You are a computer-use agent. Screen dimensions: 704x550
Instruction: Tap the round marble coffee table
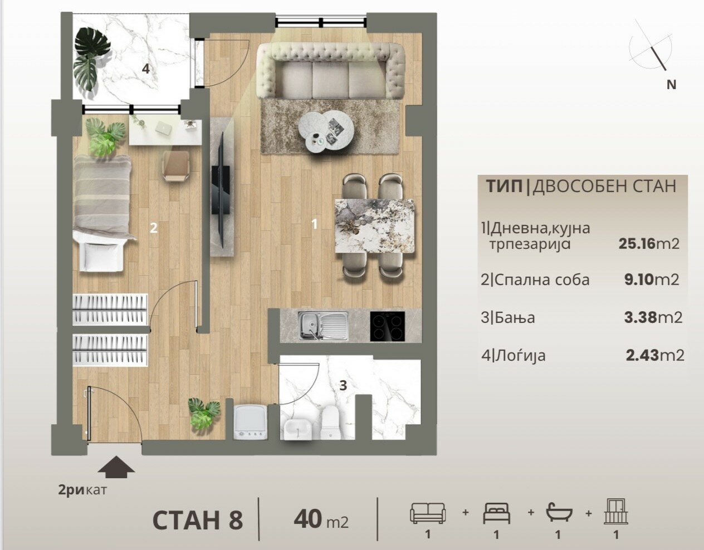[326, 132]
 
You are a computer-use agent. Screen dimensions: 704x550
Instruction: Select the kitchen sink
[323, 326]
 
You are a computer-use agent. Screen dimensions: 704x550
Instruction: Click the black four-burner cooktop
[387, 326]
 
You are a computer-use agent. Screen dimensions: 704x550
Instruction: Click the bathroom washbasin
[297, 429]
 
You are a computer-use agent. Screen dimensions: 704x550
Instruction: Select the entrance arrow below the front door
[116, 466]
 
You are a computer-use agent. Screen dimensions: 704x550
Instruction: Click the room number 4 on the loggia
[146, 68]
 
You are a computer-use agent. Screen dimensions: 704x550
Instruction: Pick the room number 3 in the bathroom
[343, 385]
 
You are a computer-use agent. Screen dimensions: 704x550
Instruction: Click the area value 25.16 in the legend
[637, 243]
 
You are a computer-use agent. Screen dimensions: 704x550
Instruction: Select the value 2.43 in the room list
[643, 356]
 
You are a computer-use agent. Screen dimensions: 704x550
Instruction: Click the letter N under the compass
[671, 85]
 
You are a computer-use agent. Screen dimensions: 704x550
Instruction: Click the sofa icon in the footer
[428, 513]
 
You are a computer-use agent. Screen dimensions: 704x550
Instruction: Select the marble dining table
[374, 226]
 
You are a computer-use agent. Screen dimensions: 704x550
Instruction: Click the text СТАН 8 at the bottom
[198, 520]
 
